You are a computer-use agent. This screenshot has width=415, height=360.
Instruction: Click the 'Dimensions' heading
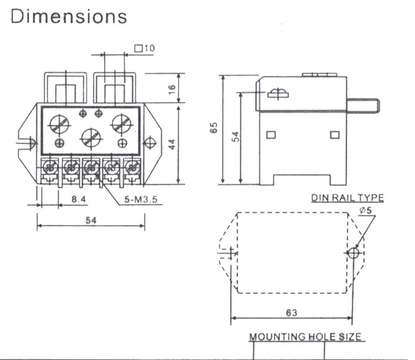point(69,16)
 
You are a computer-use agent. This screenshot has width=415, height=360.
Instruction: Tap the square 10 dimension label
point(144,48)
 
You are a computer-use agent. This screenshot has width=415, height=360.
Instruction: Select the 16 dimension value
point(172,89)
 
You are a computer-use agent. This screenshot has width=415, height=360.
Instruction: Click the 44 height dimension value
point(172,145)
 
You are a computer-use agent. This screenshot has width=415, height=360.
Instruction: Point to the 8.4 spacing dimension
point(79,199)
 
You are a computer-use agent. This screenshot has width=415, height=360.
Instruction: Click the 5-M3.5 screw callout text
point(141,199)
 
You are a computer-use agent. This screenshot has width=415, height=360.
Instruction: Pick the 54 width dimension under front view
point(91,220)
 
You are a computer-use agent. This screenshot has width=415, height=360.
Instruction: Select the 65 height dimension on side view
point(214,127)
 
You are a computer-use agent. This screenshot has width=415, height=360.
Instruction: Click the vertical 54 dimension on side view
point(235,137)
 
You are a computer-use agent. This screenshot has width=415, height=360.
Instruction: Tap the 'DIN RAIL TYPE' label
point(347,198)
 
